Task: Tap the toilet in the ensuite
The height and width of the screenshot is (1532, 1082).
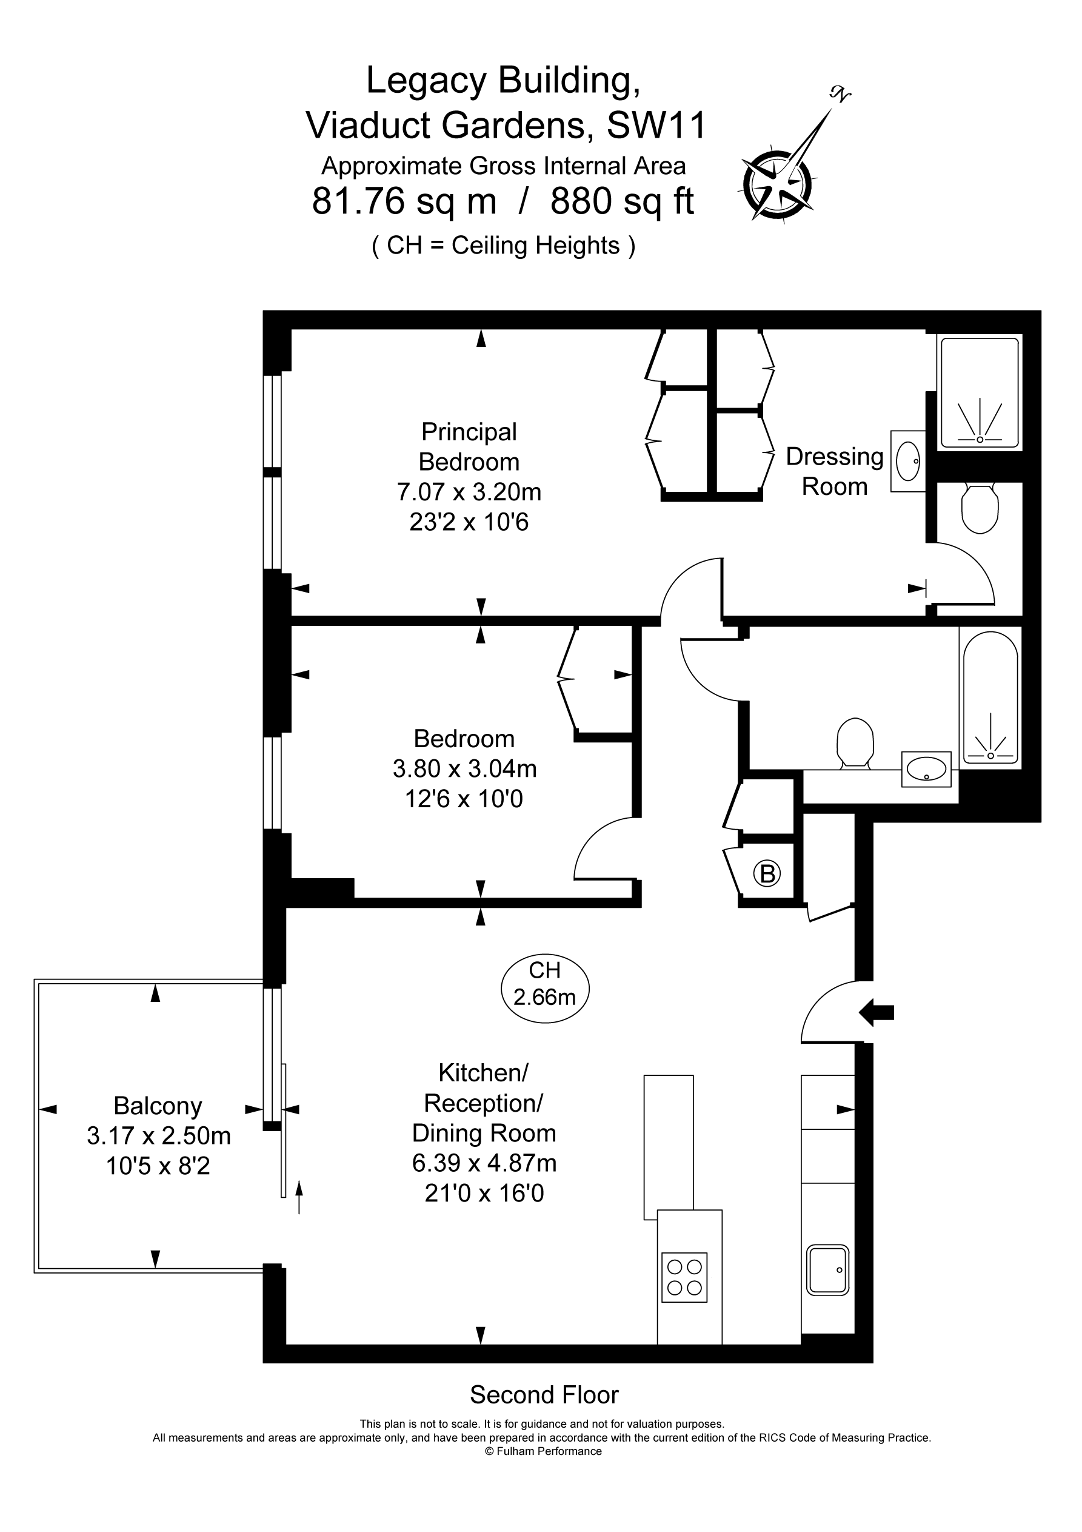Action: point(980,508)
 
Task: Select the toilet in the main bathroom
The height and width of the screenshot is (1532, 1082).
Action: point(855,741)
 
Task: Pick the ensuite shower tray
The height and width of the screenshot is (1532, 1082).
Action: point(980,392)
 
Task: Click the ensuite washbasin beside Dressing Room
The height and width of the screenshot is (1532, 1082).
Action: point(908,461)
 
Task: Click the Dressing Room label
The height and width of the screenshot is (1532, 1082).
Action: point(835,471)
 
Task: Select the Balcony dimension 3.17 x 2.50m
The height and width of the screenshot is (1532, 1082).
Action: point(159,1135)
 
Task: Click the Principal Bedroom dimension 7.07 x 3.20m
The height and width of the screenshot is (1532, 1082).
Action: point(469,492)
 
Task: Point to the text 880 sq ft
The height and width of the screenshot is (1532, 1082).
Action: point(622,201)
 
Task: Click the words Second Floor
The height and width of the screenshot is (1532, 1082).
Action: point(544,1394)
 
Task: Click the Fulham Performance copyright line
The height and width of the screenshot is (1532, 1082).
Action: point(544,1451)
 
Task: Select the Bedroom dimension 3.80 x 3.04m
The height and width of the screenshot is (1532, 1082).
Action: point(464,768)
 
